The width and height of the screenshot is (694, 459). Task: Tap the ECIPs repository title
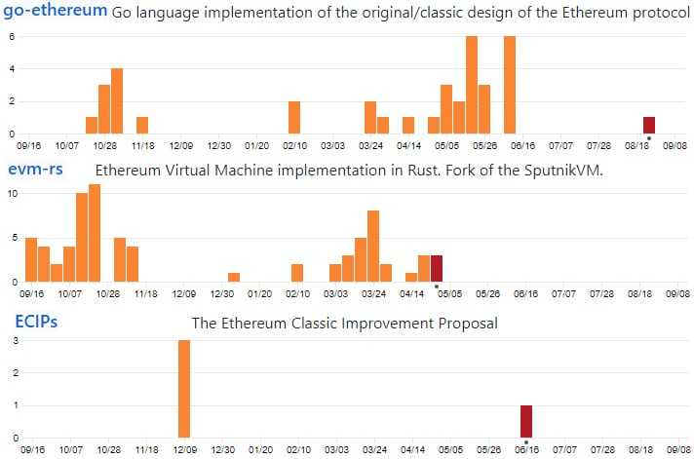click(35, 321)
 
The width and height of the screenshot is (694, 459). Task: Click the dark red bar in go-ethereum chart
click(649, 125)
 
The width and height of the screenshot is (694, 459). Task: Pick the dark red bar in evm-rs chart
click(437, 268)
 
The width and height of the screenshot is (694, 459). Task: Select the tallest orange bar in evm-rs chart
click(95, 233)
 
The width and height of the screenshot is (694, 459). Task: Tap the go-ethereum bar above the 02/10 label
click(294, 117)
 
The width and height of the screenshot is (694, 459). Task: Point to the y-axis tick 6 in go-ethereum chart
click(12, 37)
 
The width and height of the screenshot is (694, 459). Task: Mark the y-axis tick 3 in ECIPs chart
click(12, 341)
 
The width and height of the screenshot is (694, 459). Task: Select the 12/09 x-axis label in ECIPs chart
click(182, 450)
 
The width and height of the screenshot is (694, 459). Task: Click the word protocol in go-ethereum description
click(657, 15)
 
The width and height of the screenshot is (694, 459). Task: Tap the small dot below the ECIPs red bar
click(526, 442)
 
